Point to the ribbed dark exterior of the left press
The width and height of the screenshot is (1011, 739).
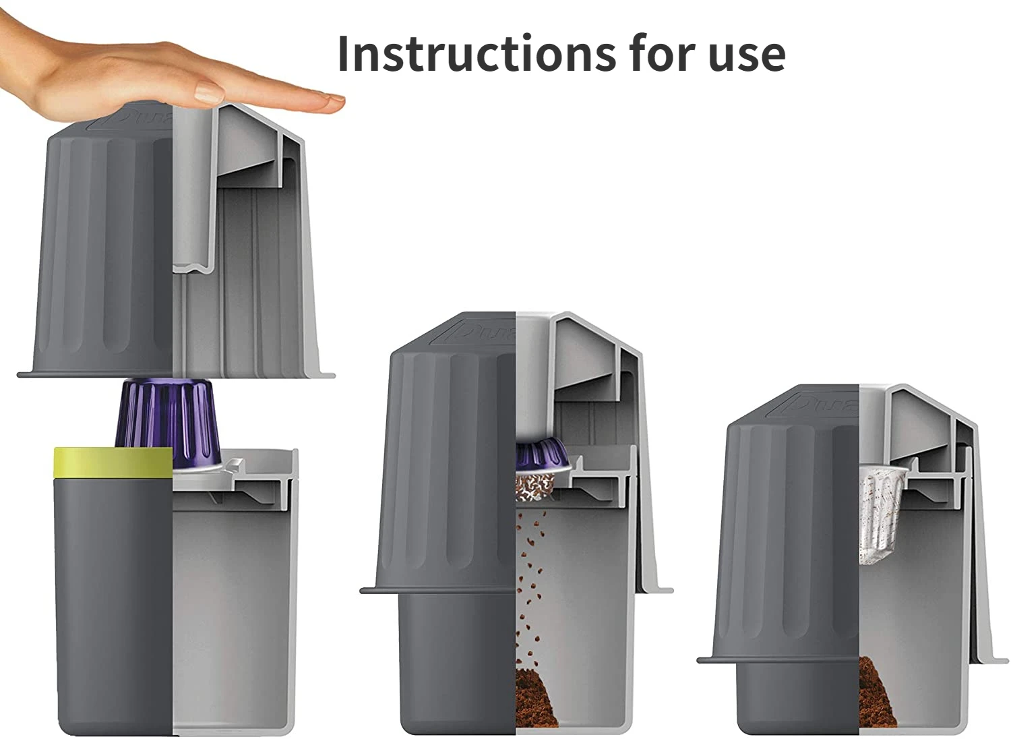pyautogui.click(x=101, y=256)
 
